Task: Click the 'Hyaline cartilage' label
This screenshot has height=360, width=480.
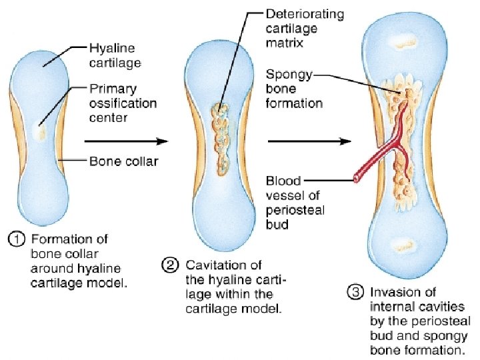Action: click(x=115, y=55)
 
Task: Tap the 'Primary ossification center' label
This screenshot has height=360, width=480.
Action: click(x=123, y=103)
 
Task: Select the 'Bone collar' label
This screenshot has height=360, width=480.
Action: click(x=124, y=161)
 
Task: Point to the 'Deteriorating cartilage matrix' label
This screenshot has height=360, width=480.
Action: click(x=305, y=28)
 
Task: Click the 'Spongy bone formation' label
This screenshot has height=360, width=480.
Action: click(x=294, y=89)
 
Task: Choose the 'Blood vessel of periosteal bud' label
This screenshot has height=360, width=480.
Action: click(x=295, y=203)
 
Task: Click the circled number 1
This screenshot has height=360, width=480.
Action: click(x=16, y=239)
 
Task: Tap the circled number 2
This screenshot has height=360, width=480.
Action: click(x=170, y=265)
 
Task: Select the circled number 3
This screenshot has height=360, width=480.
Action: click(x=355, y=293)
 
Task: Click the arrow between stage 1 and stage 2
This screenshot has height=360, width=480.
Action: click(x=126, y=141)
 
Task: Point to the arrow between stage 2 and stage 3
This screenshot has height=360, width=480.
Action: click(x=309, y=141)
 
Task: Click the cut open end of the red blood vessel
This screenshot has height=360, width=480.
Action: click(x=356, y=179)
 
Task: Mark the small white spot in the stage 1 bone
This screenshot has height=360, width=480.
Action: click(x=39, y=131)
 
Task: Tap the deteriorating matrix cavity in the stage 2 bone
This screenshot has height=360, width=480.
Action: click(x=221, y=139)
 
